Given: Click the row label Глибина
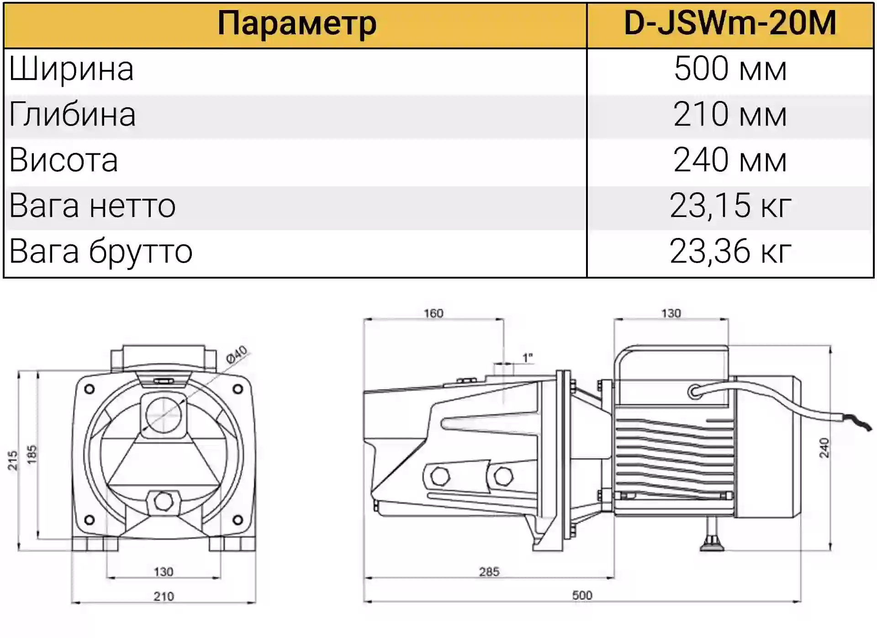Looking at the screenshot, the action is pos(72,115).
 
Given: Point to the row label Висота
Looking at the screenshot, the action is pos(63,160).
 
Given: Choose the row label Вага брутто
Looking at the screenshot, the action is pos(101,252).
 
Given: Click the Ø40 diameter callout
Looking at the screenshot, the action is pos(237,354).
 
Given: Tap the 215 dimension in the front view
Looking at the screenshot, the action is pos(12,460).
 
